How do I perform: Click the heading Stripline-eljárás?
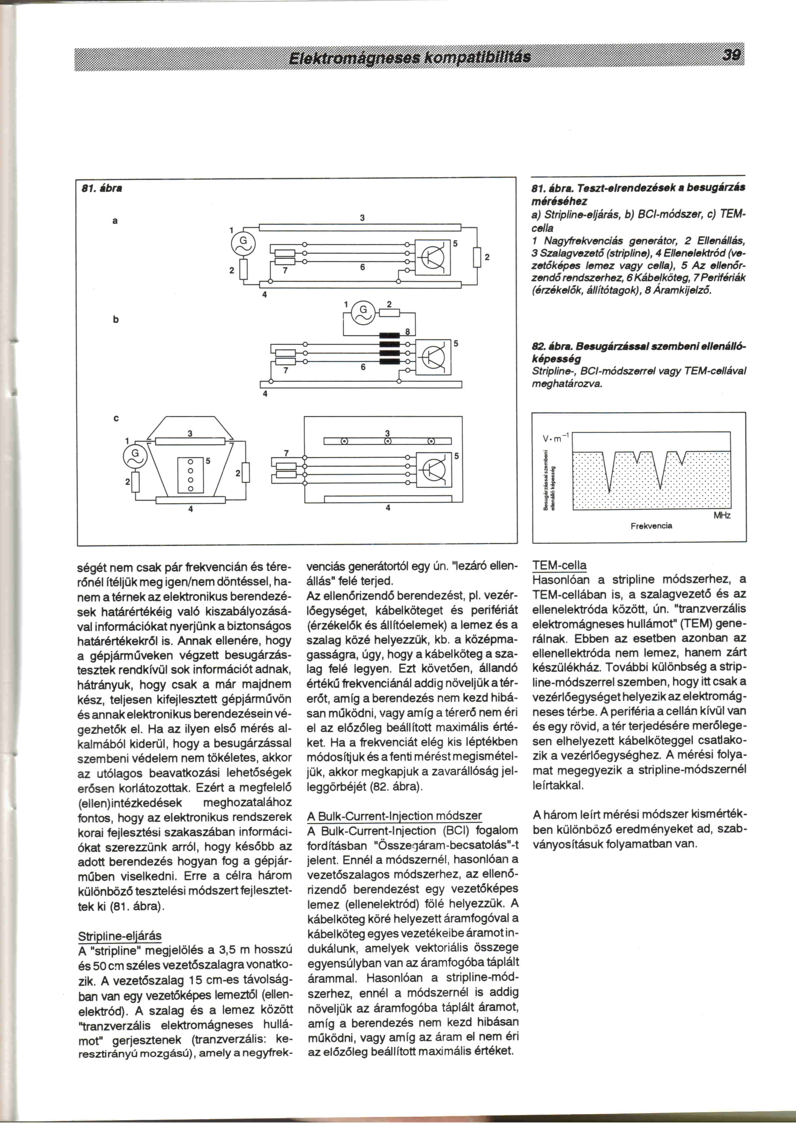[x=120, y=936]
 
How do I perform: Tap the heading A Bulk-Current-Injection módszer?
[x=394, y=816]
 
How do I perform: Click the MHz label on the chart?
[x=722, y=516]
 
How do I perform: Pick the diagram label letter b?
[x=115, y=320]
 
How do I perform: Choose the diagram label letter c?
[x=115, y=418]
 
